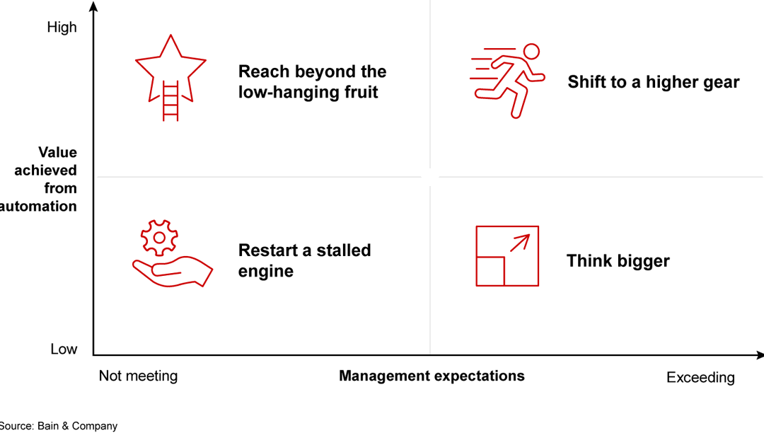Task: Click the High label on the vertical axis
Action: (x=62, y=28)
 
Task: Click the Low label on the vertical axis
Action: (x=64, y=350)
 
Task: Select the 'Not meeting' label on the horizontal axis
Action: (x=138, y=376)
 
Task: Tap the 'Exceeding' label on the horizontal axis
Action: (x=700, y=378)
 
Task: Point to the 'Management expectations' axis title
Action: (x=432, y=376)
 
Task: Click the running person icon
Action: (x=508, y=79)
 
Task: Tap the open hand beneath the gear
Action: (x=173, y=272)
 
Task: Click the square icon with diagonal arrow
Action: (x=507, y=256)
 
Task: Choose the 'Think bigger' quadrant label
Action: (x=618, y=260)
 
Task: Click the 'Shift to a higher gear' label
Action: (x=653, y=82)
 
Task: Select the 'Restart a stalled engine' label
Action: (x=304, y=260)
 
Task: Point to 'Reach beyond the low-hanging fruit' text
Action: (x=312, y=81)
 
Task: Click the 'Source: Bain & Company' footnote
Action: (x=58, y=426)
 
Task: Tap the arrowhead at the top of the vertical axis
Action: (x=93, y=6)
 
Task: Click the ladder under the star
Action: (x=170, y=101)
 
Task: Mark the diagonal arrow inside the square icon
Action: (x=520, y=243)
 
